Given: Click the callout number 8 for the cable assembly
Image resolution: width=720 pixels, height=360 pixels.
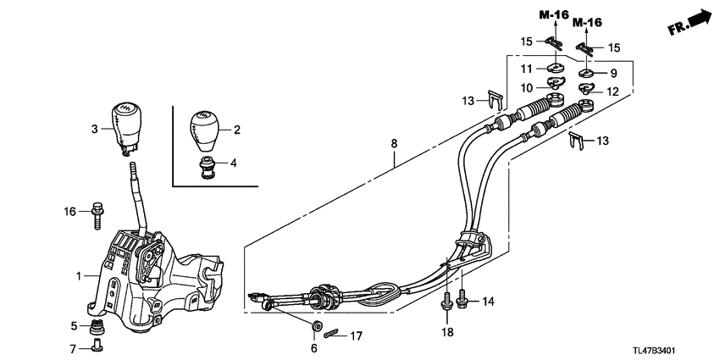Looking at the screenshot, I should [394, 144].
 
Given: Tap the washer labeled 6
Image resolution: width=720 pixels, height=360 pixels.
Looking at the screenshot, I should [318, 325].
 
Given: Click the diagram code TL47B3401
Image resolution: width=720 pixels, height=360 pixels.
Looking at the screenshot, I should [679, 347].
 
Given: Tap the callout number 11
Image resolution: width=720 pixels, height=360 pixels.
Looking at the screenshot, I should [525, 68].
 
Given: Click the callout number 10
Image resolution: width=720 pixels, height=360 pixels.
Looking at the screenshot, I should [525, 87].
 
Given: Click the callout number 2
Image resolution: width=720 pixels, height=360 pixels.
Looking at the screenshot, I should [236, 130].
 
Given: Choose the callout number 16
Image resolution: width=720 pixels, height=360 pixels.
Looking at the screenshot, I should [71, 210].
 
